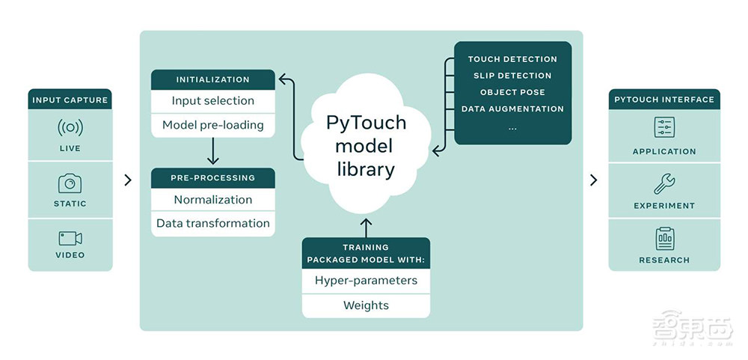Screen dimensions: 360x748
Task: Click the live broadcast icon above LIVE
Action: coord(70,127)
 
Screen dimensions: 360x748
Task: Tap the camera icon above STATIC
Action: coord(70,183)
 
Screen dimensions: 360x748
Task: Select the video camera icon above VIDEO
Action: coord(70,238)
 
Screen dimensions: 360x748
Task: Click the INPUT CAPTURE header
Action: coord(70,100)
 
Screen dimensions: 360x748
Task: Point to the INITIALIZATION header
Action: coord(213,79)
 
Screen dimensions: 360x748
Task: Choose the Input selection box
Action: coord(213,101)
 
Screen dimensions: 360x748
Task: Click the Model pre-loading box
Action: coord(213,125)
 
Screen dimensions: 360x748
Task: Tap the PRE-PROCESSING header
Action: coord(213,178)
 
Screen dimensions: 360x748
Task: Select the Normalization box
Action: coord(213,200)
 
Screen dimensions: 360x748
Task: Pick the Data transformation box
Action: coord(213,223)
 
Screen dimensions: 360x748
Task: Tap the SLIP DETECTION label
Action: coord(512,76)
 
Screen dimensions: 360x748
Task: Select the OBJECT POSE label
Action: coord(512,92)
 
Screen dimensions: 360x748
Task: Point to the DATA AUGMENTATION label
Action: coord(512,109)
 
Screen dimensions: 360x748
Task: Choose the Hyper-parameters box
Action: coord(366,281)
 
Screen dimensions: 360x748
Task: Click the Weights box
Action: coord(366,305)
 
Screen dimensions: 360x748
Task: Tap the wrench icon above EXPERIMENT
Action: coord(664,183)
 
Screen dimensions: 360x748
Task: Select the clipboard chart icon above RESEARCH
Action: coord(664,239)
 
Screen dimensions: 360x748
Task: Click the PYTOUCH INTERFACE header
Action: coord(664,100)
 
